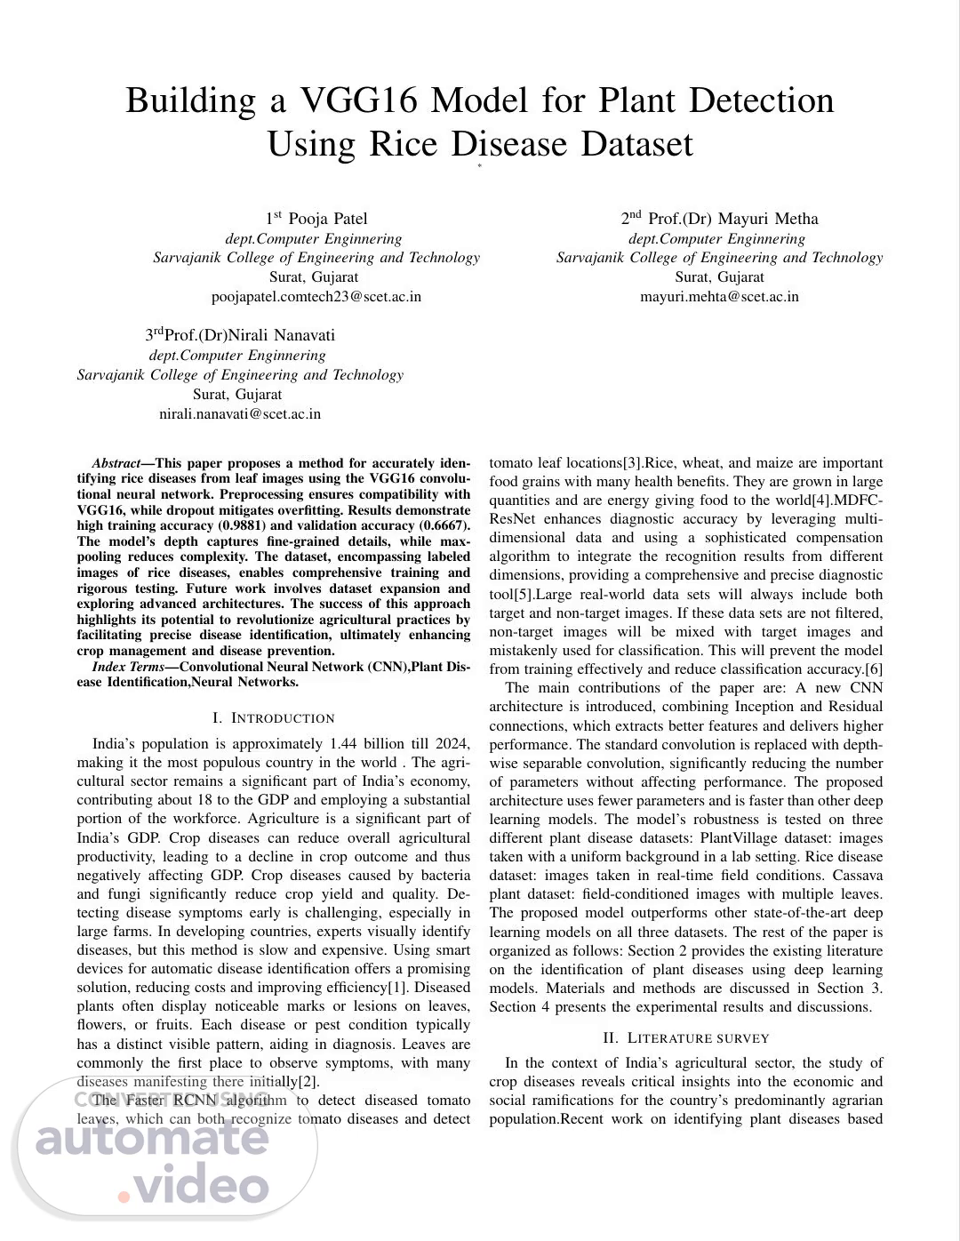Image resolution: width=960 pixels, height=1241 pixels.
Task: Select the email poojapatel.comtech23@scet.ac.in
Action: pos(316,296)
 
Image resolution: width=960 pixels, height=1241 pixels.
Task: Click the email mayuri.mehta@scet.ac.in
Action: pos(720,296)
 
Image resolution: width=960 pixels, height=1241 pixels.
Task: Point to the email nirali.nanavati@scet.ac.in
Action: pos(240,413)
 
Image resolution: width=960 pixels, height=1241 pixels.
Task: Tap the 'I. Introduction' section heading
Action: pos(274,718)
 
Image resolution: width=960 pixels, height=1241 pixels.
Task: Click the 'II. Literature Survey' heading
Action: pos(685,1038)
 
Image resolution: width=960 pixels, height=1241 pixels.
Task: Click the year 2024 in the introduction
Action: pos(453,744)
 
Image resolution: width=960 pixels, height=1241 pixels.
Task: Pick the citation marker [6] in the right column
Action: pos(874,669)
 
